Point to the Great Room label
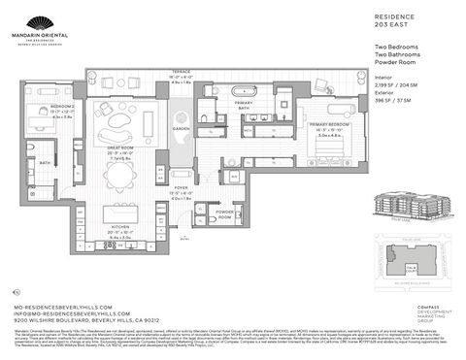120,153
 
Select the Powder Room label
224,213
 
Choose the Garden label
182,128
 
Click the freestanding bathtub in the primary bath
244,96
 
